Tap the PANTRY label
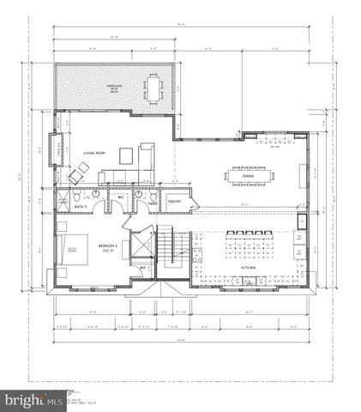174,203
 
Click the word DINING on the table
248,176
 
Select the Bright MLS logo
26,399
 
